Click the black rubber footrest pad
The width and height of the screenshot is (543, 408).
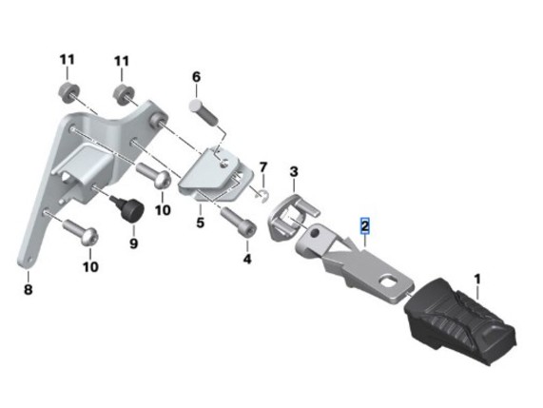click(460, 321)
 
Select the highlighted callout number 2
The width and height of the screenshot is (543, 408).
click(365, 226)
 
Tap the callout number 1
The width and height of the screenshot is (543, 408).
click(477, 280)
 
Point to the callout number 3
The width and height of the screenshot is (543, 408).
click(293, 171)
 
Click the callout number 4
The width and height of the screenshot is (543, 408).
click(247, 259)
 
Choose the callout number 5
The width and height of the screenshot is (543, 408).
click(200, 223)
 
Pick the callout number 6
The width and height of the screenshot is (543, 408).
click(196, 77)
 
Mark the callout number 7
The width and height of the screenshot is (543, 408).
click(263, 167)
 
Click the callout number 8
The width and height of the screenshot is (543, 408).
click(28, 289)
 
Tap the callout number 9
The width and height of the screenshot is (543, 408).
click(134, 243)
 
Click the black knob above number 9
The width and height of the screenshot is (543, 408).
click(128, 207)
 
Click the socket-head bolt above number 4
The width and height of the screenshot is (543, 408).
click(239, 222)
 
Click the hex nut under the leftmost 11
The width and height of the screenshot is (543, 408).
click(68, 92)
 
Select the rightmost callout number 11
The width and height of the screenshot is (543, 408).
click(122, 61)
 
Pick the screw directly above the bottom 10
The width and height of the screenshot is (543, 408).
click(80, 233)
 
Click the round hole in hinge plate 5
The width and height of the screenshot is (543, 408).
click(225, 162)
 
